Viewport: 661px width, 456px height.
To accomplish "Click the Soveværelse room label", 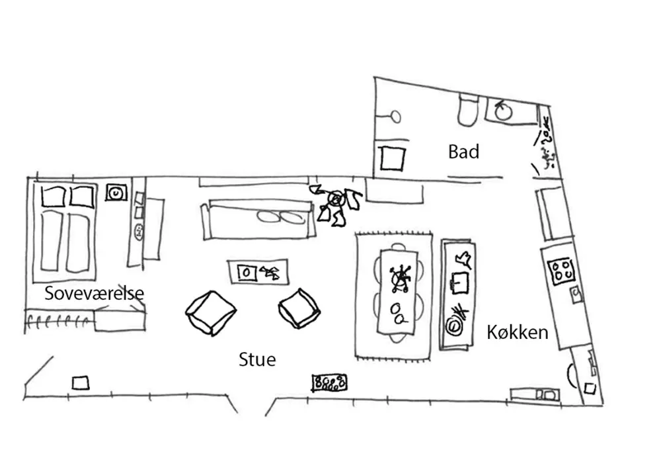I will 94,293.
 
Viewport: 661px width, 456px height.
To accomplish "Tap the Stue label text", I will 257,359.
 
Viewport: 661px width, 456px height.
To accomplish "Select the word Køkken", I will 518,332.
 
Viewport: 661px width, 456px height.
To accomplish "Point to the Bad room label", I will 463,152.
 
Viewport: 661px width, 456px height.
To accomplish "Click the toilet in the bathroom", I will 468,110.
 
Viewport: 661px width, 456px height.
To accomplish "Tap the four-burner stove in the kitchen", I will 563,269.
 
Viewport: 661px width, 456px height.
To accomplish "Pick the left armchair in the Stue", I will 211,312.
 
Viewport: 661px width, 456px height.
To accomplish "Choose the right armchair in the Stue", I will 299,308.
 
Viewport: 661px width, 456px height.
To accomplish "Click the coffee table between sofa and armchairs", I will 258,271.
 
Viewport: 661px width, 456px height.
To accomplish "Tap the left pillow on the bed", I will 54,196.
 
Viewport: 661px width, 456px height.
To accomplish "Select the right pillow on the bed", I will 83,196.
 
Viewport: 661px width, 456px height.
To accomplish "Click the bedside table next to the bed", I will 116,193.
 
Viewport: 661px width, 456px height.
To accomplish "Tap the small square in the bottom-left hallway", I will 81,382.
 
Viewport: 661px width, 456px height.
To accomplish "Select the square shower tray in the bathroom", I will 392,159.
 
